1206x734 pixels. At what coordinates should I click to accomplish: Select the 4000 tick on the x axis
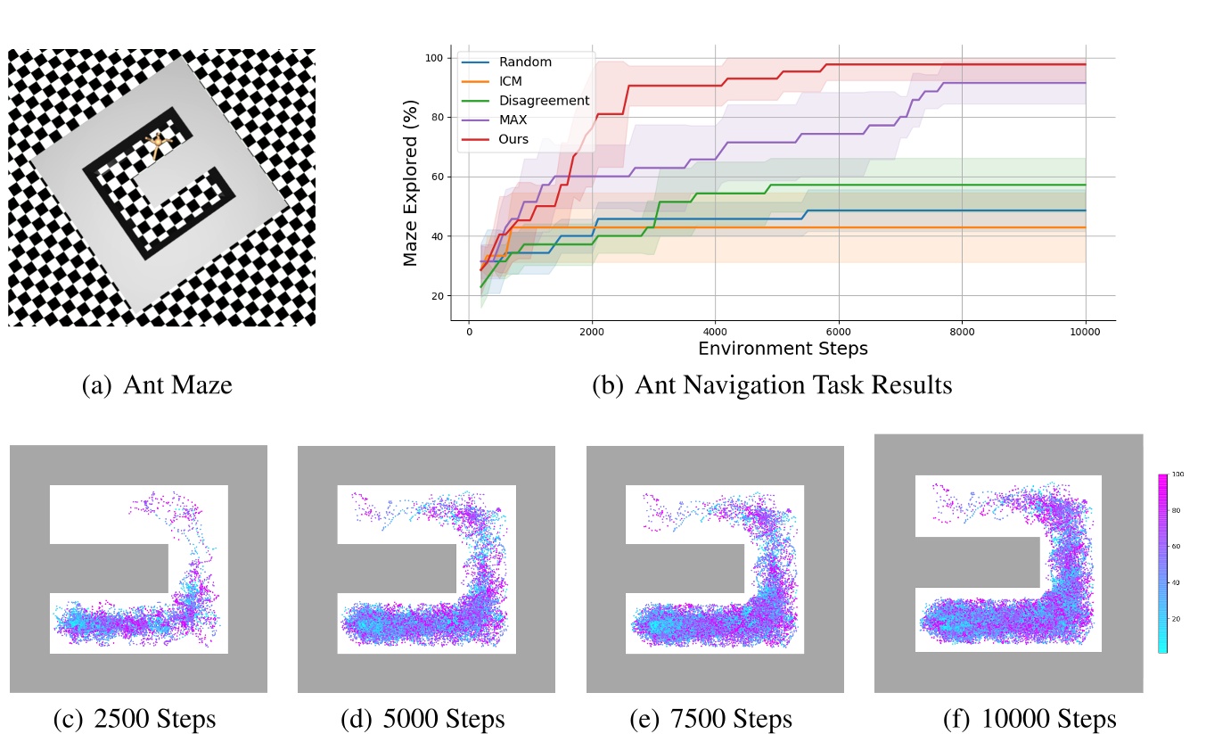pos(715,330)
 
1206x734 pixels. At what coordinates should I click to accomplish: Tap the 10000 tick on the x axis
pos(1085,330)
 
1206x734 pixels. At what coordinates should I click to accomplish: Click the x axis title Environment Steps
pos(783,348)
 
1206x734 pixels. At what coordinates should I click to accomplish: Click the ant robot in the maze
pos(159,144)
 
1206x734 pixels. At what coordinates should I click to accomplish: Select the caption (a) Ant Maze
pos(156,386)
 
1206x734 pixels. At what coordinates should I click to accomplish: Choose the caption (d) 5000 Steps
pos(423,719)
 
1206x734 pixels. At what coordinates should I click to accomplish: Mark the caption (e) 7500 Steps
pos(710,719)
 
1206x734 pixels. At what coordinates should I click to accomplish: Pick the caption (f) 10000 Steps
pos(1030,719)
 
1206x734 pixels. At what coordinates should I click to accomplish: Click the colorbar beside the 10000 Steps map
pos(1162,563)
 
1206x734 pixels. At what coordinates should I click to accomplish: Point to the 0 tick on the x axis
pos(469,330)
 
